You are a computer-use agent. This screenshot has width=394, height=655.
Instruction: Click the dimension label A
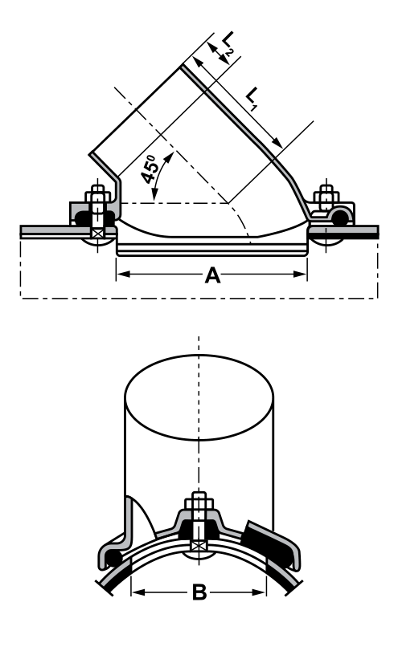tap(212, 276)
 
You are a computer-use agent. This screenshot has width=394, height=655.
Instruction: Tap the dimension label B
tap(199, 594)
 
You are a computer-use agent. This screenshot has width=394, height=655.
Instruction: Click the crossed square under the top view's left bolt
tap(98, 234)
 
